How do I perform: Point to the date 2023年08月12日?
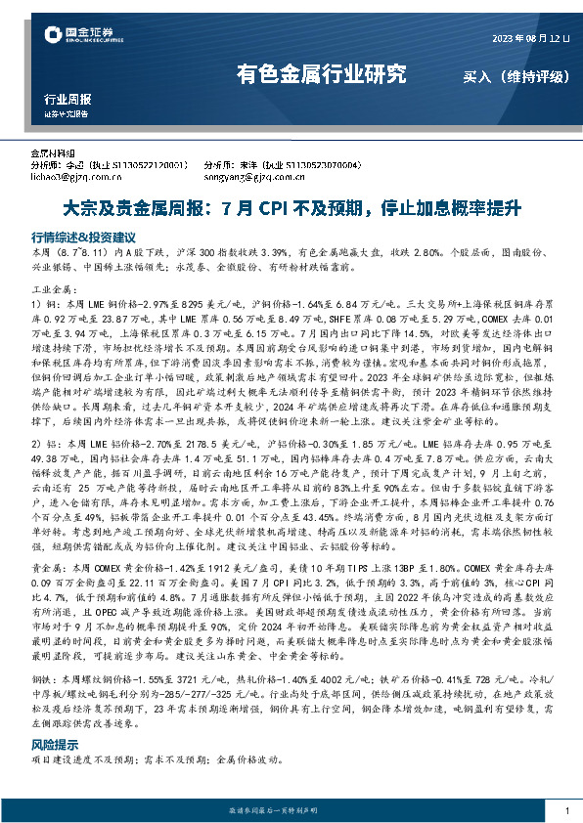pyautogui.click(x=529, y=38)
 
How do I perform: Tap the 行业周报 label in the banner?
pyautogui.click(x=68, y=99)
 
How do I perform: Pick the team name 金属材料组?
pyautogui.click(x=54, y=154)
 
